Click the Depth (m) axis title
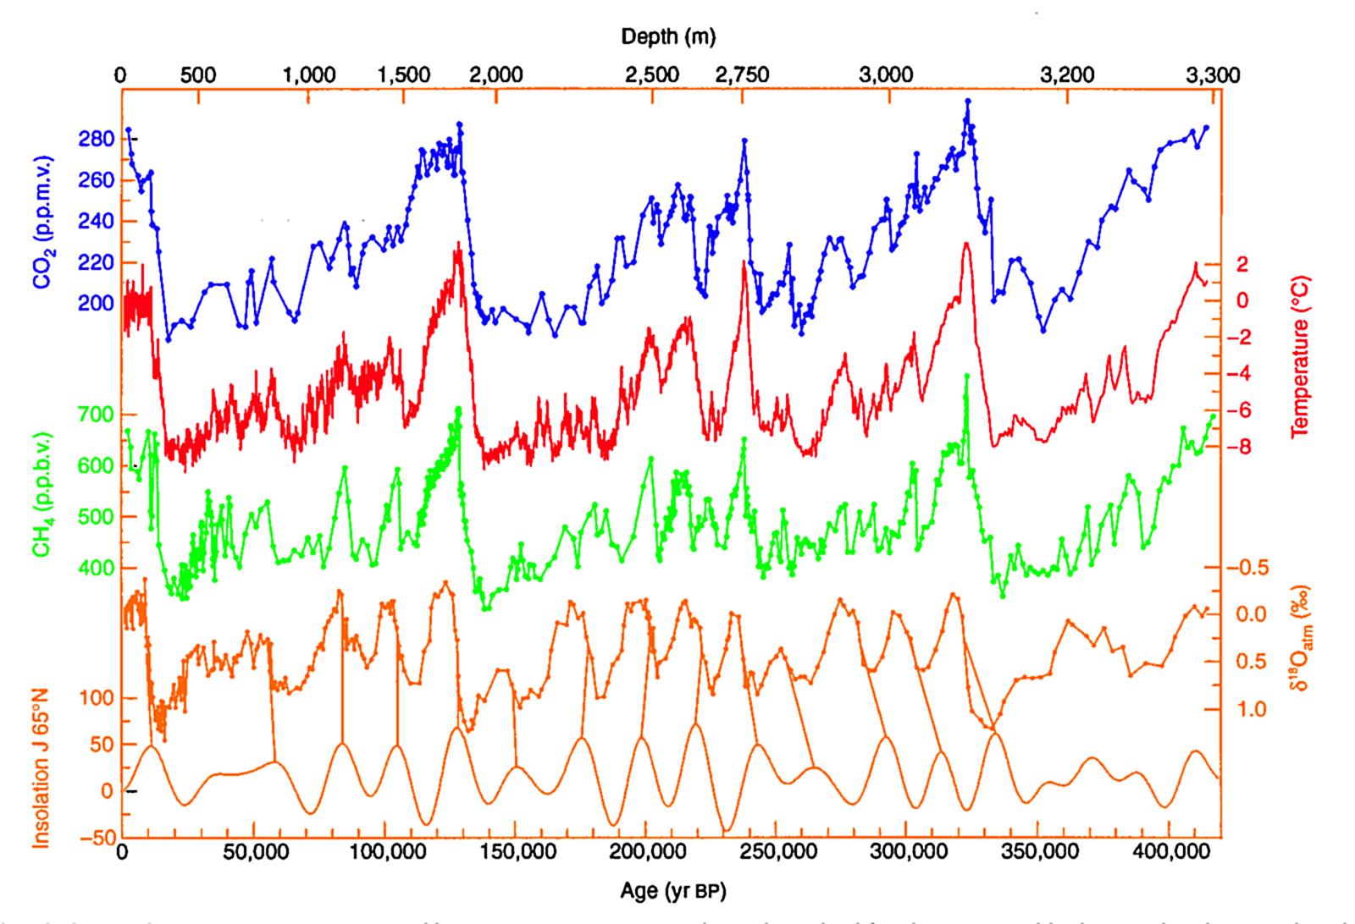(x=669, y=36)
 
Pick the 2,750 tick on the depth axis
(x=742, y=74)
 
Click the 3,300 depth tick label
(x=1212, y=74)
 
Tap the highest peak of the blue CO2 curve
(x=967, y=101)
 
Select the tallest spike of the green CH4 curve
(x=966, y=376)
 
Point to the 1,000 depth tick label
(x=310, y=74)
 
